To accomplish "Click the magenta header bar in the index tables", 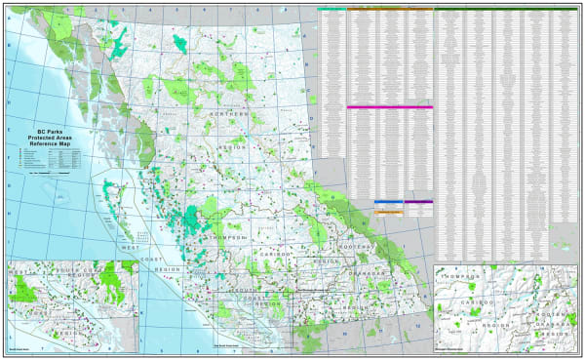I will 390,107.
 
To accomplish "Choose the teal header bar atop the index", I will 331,9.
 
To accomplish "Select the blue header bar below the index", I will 388,203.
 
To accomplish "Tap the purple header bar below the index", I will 419,203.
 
